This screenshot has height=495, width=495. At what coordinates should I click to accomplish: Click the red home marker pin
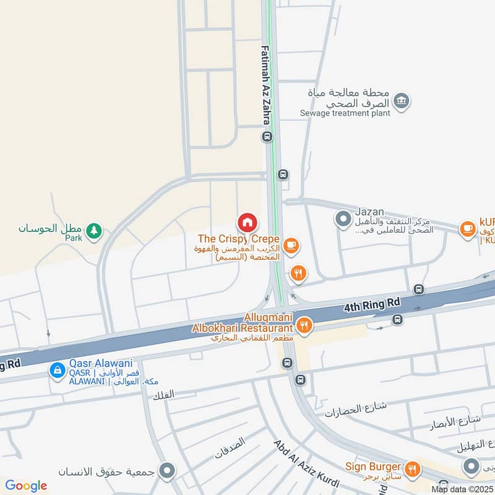(247, 222)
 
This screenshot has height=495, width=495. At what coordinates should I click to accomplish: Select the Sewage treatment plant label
(345, 113)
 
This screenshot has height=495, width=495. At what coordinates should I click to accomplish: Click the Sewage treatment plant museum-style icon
(402, 100)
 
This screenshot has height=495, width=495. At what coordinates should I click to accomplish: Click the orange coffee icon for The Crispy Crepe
(292, 247)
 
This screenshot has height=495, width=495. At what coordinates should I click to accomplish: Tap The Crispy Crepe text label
(239, 239)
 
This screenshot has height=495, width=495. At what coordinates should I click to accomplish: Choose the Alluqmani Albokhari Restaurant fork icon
(304, 324)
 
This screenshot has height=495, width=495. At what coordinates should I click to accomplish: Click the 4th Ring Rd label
(372, 304)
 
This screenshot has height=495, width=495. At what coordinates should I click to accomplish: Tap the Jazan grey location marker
(342, 218)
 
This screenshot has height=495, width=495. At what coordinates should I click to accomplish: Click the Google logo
(26, 486)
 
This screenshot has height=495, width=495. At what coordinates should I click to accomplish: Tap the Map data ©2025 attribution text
(462, 489)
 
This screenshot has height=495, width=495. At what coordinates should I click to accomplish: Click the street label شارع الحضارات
(356, 408)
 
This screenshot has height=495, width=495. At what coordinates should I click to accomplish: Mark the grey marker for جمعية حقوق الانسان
(166, 472)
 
